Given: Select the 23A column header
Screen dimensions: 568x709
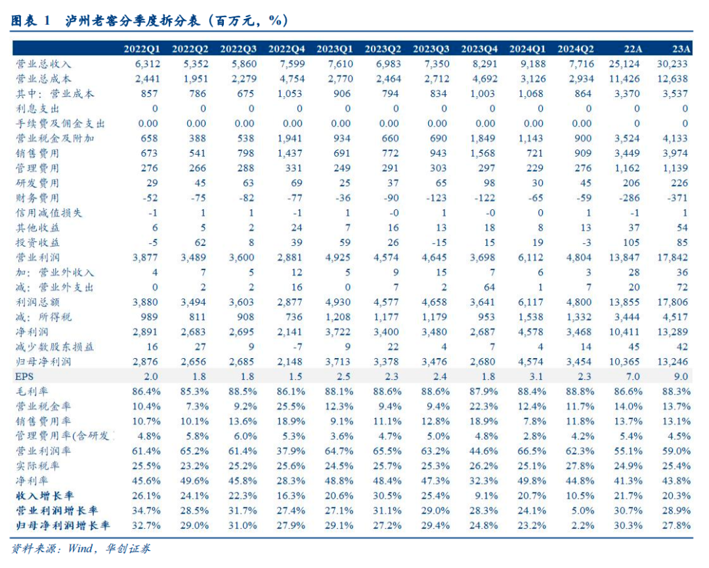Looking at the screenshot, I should click(x=681, y=49).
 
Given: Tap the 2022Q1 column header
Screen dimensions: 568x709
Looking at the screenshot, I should click(x=141, y=49).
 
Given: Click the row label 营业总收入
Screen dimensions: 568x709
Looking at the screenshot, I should click(x=43, y=64).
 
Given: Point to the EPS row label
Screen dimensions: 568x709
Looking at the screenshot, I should click(x=26, y=376).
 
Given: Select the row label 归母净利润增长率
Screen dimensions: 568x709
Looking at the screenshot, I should click(x=63, y=525).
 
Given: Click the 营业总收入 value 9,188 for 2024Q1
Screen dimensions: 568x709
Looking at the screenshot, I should click(x=530, y=64).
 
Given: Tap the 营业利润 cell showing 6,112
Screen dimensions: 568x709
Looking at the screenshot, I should click(x=530, y=257).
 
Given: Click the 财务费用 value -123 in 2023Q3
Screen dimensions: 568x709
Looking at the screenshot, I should click(x=437, y=197).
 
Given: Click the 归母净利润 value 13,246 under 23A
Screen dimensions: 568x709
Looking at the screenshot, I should click(x=673, y=361).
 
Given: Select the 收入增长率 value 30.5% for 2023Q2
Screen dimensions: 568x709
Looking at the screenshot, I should click(x=387, y=495).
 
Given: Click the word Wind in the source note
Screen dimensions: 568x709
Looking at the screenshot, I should click(x=81, y=548).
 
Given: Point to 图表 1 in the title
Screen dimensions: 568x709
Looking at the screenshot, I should click(x=31, y=21).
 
